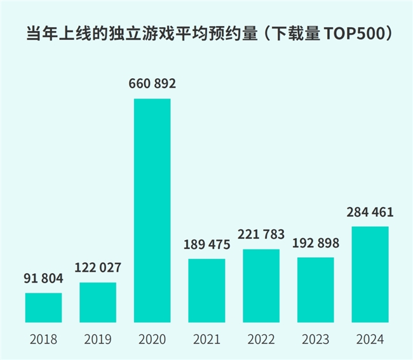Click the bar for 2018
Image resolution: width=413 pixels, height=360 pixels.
point(43,307)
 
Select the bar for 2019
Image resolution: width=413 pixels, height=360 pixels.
point(98,302)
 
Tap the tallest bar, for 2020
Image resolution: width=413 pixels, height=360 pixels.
point(152,210)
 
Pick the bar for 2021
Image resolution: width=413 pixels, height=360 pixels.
point(207,290)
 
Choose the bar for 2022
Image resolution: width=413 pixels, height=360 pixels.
point(261,286)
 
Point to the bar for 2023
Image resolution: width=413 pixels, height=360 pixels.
point(315,290)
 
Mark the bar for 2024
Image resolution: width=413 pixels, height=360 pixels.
point(370,274)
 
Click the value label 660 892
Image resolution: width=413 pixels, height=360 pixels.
point(152,84)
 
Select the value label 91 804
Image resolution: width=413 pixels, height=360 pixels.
point(43,279)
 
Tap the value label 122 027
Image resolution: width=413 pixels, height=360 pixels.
point(98,268)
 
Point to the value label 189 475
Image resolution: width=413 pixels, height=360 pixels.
point(207,244)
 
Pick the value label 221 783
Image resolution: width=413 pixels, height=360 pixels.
point(261,234)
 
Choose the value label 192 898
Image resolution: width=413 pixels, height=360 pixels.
point(315,243)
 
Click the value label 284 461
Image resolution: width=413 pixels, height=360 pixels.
point(370,211)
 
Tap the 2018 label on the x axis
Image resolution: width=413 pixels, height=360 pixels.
point(43,340)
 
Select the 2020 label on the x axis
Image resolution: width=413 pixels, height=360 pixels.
point(152,340)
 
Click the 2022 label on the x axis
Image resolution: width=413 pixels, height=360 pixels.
point(261,340)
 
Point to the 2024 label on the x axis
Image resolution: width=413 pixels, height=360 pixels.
point(370,340)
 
